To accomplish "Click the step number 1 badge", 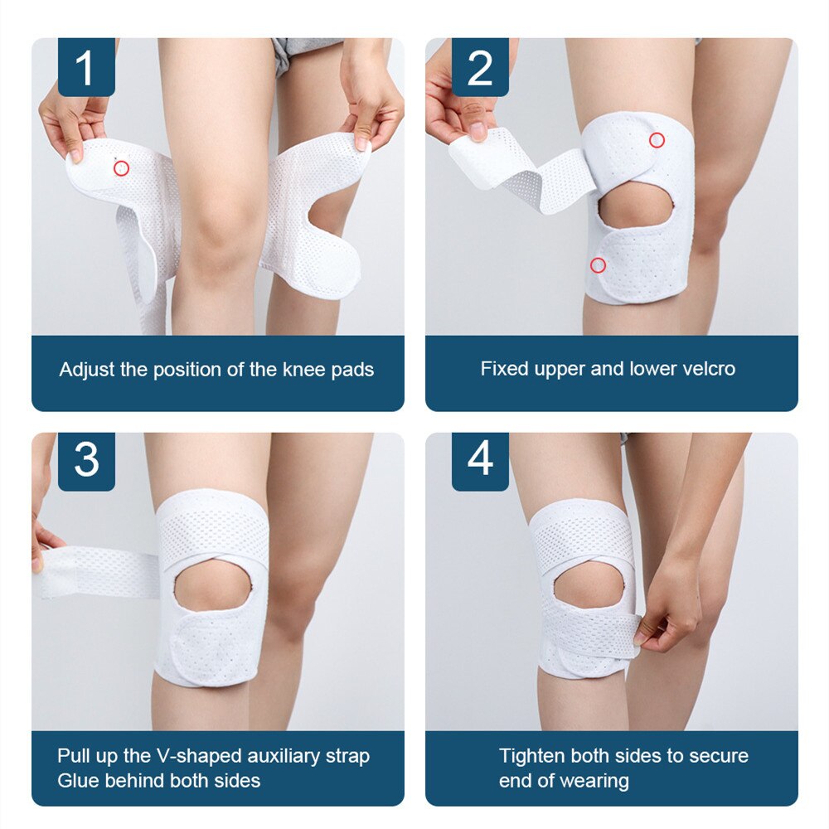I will click(x=86, y=68).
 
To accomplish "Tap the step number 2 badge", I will click(x=480, y=68).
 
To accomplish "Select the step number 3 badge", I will click(x=86, y=462).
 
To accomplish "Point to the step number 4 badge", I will click(x=480, y=462).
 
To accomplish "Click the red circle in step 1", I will click(x=121, y=168).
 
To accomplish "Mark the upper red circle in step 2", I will click(x=657, y=140).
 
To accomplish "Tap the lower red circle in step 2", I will click(x=598, y=265).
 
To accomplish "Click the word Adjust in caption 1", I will click(x=87, y=370).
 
